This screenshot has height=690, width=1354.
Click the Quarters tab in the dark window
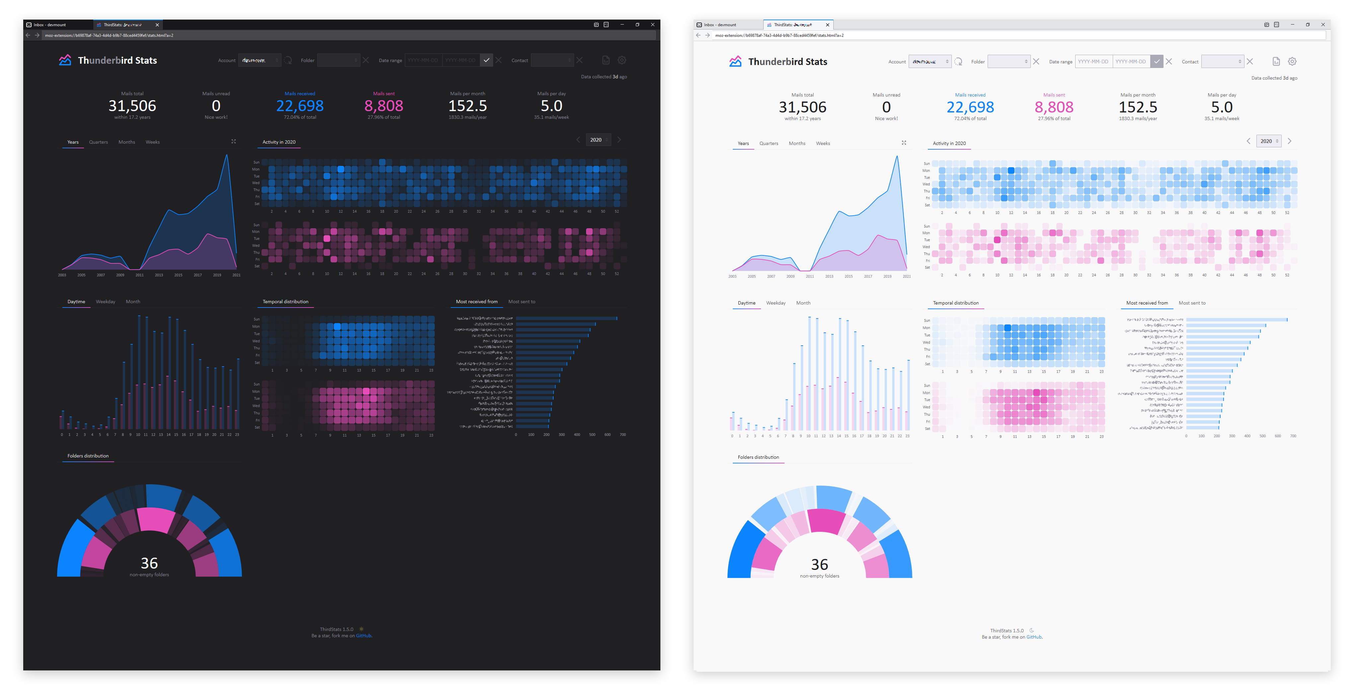point(98,142)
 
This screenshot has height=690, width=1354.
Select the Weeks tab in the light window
point(823,143)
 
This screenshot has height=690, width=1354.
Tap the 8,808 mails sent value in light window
point(1054,107)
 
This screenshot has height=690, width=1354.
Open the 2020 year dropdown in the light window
point(1268,141)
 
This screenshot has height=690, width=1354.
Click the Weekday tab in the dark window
point(105,302)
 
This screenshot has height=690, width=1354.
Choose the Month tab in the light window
point(803,303)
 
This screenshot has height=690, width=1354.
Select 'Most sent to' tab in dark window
point(521,302)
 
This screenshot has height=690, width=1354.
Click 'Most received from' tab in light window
point(1147,303)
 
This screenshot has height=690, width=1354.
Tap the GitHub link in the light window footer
point(1033,637)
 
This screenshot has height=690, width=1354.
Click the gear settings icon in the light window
point(1292,61)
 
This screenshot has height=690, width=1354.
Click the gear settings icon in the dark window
point(622,60)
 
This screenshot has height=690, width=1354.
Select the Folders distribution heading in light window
point(758,457)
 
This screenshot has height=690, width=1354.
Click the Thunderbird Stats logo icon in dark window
point(65,60)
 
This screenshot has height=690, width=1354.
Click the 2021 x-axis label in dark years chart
point(236,275)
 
